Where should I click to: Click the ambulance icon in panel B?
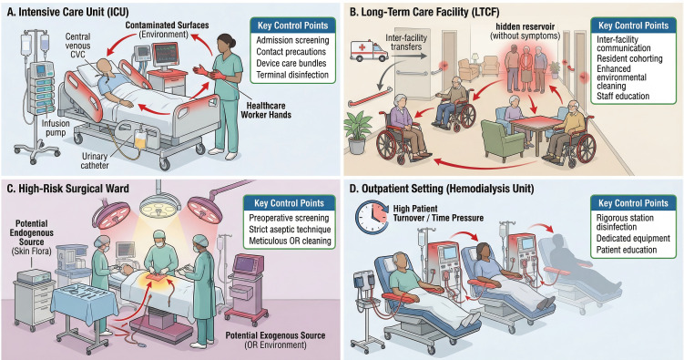(x=369, y=51)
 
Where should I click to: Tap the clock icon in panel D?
(x=372, y=216)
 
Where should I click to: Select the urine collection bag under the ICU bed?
(x=139, y=140)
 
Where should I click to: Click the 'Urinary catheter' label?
(x=95, y=160)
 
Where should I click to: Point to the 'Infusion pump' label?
(x=56, y=128)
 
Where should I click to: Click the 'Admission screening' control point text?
(x=292, y=40)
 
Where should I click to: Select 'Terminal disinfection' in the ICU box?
(x=292, y=75)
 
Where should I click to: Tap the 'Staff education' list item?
(x=623, y=96)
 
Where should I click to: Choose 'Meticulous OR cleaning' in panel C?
(x=290, y=241)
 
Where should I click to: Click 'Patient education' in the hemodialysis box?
(x=627, y=250)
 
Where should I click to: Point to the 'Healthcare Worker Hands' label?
(x=266, y=110)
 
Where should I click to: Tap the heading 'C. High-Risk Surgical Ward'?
(x=68, y=189)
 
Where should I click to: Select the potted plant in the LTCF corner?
(x=358, y=131)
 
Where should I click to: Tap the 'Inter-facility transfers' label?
(x=405, y=42)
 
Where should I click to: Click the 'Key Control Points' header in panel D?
(x=633, y=203)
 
